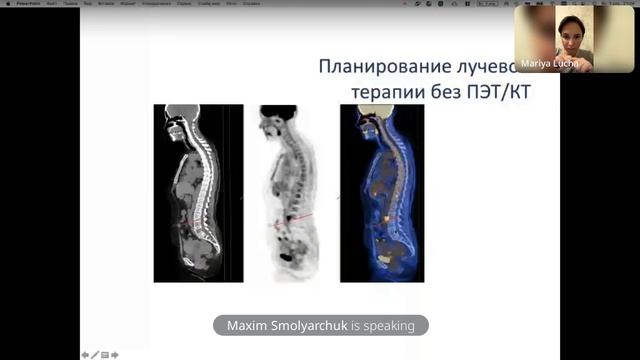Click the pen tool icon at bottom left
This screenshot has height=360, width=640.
tap(95, 354)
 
